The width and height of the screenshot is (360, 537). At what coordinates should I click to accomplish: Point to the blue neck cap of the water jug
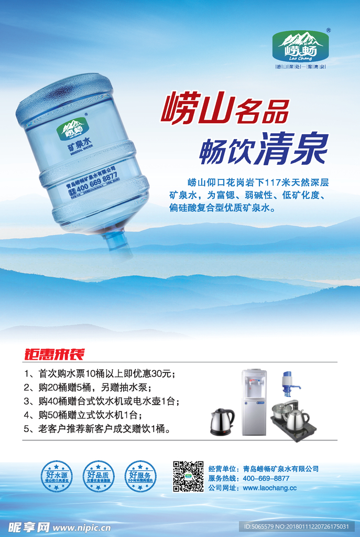point(118,242)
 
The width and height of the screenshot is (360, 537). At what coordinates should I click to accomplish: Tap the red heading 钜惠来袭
point(54,354)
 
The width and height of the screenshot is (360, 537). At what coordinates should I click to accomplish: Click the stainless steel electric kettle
point(222,421)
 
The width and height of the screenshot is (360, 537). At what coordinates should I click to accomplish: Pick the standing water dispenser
point(254,402)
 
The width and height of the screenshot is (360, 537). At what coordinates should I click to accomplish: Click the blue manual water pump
point(289,384)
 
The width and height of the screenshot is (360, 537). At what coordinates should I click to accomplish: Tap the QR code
point(188,476)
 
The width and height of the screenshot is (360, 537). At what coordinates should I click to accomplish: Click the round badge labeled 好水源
point(56,476)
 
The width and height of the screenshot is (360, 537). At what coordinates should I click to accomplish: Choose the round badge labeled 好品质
point(98,476)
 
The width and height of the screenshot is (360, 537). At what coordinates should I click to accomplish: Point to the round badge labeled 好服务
point(140,476)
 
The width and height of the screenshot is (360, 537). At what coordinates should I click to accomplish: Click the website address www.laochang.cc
point(270,488)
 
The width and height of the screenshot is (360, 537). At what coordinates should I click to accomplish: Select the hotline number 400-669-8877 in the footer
point(266,478)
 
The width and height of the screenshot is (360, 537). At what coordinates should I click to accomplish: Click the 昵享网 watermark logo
point(29,527)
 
